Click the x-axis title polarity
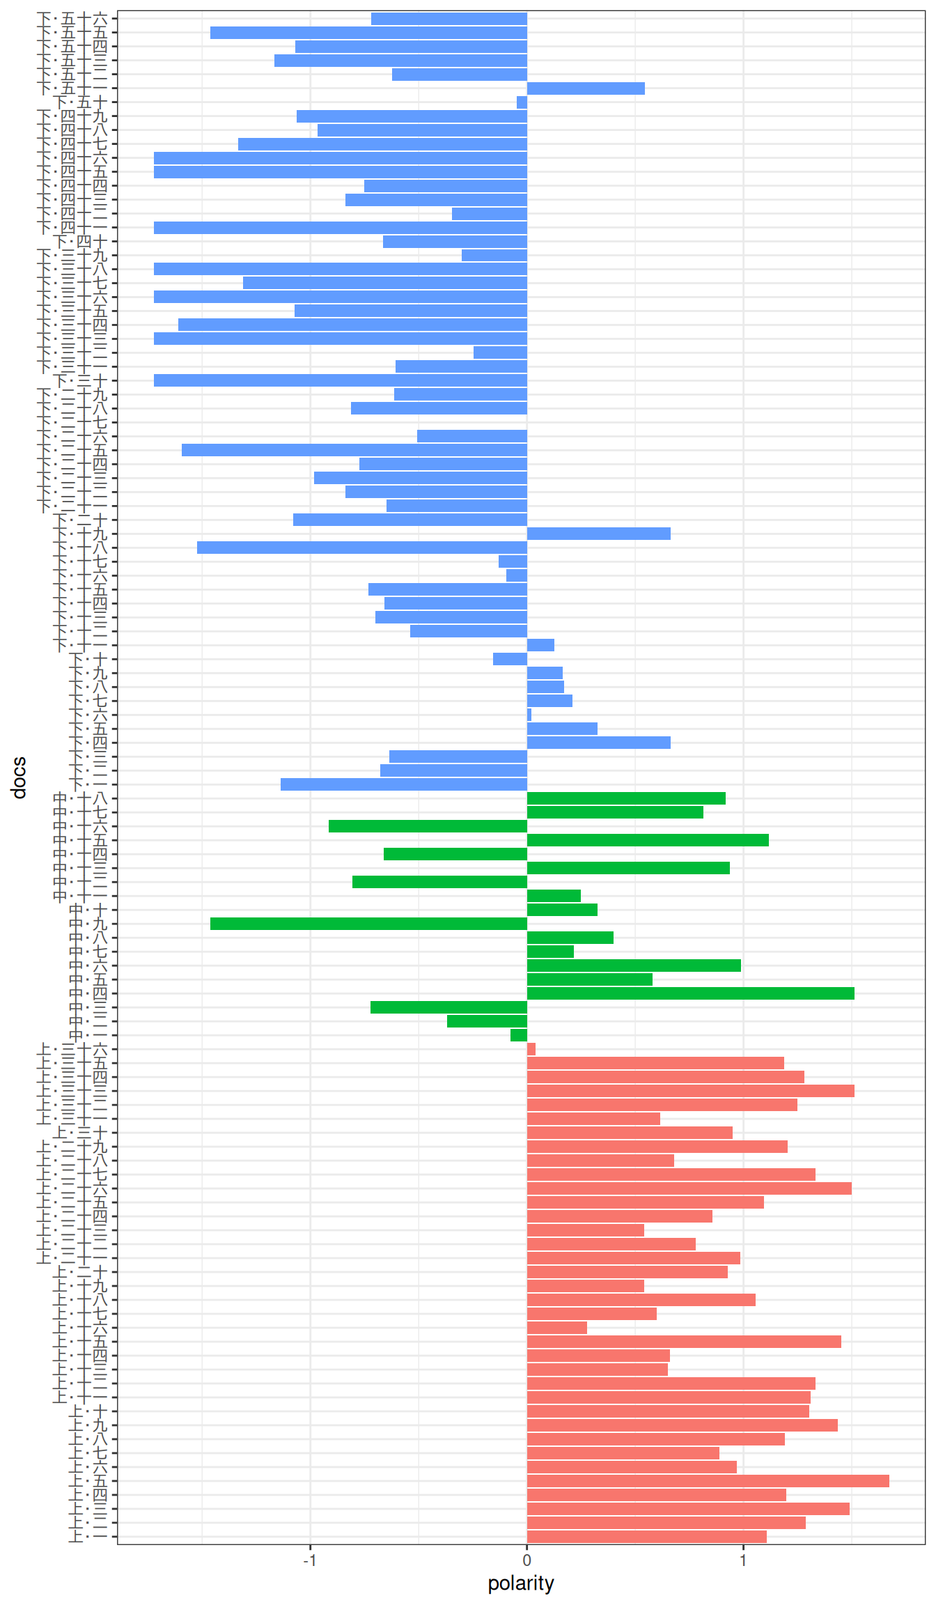click(520, 1583)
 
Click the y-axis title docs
click(19, 777)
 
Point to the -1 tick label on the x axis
click(310, 1560)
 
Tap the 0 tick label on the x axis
click(526, 1560)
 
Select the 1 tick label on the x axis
click(743, 1560)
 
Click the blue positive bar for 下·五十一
click(585, 88)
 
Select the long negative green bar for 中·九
click(368, 924)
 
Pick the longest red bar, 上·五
click(708, 1481)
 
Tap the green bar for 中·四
click(690, 993)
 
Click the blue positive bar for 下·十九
click(598, 534)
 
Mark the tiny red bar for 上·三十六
click(531, 1049)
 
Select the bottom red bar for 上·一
click(646, 1537)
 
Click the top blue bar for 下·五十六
click(448, 19)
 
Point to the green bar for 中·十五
click(648, 840)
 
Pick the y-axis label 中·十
click(89, 910)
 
